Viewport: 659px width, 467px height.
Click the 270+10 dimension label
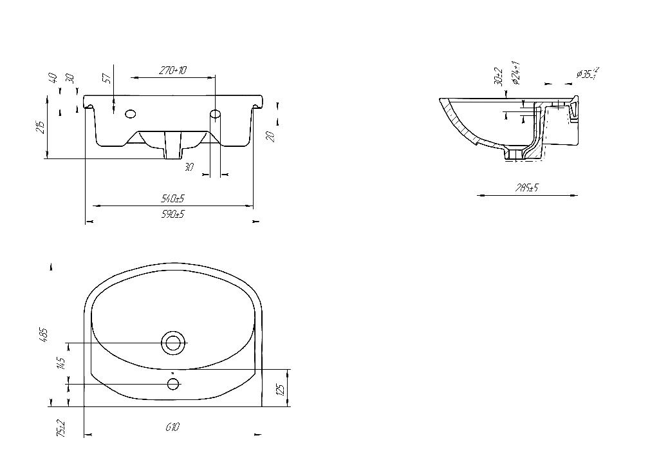[173, 71]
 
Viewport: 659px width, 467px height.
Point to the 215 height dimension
[41, 127]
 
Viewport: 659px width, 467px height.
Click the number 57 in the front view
[107, 78]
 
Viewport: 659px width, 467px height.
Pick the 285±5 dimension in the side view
[527, 187]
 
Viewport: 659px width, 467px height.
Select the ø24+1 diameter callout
[516, 73]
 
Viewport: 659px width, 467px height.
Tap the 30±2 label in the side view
[498, 76]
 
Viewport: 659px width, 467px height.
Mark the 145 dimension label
[61, 363]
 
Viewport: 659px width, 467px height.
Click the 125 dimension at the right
[281, 389]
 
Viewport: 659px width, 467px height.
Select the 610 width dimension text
[172, 426]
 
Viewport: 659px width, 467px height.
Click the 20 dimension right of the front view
[271, 136]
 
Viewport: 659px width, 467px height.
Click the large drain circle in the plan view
[173, 343]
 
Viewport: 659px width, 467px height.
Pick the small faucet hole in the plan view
[173, 384]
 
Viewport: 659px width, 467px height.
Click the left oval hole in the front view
[131, 115]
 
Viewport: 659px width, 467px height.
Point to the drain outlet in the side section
[515, 155]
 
